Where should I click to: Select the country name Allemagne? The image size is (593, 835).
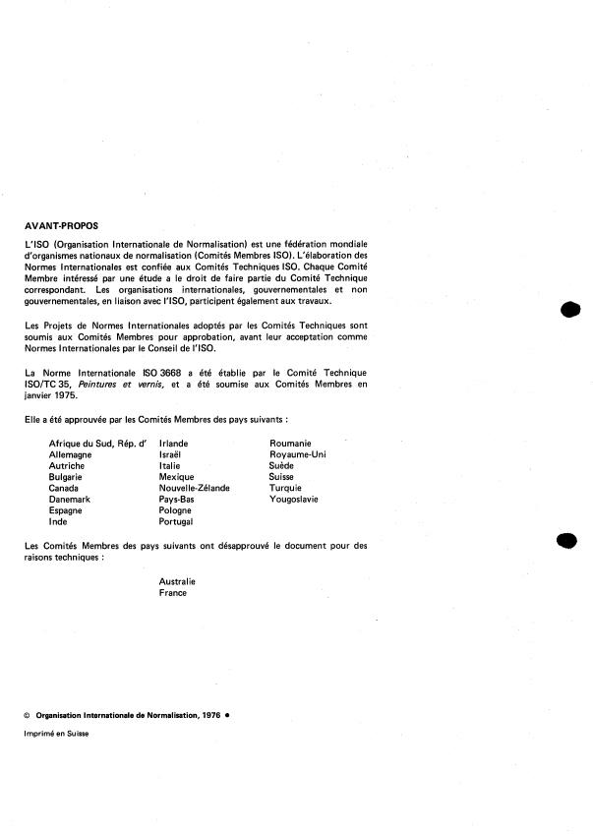coord(72,454)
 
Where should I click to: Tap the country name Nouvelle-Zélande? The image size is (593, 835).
coord(195,488)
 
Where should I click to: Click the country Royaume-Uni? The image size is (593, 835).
coord(298,454)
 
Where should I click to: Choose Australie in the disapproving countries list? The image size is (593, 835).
coord(177,581)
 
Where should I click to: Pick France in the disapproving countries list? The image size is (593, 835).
coord(173,593)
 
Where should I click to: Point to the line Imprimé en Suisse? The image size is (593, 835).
coord(57,735)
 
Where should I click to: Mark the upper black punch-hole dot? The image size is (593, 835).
coord(567,310)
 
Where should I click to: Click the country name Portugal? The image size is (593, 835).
coord(177,522)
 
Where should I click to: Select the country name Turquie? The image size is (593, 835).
coord(286,488)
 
